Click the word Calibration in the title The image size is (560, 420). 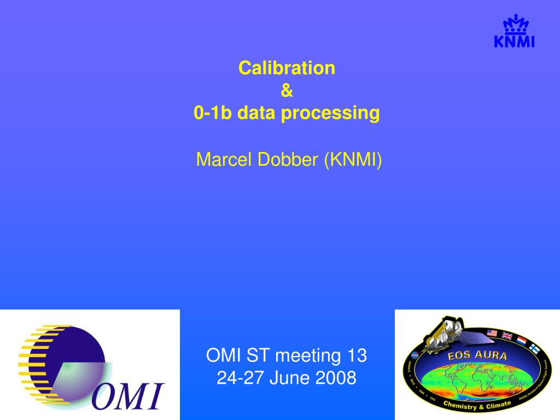pyautogui.click(x=287, y=68)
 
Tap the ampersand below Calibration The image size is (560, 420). pyautogui.click(x=287, y=91)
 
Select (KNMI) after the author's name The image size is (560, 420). pyautogui.click(x=353, y=160)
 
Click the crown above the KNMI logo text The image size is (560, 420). pyautogui.click(x=514, y=25)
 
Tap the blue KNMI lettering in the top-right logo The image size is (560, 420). pyautogui.click(x=514, y=42)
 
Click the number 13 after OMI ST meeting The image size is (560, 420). pyautogui.click(x=356, y=355)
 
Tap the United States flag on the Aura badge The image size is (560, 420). pyautogui.click(x=492, y=333)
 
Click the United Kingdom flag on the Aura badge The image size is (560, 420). pyautogui.click(x=507, y=336)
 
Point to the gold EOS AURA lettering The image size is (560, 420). pyautogui.click(x=477, y=356)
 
